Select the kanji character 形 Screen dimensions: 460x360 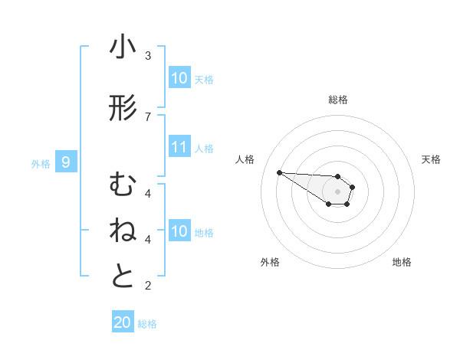point(123,110)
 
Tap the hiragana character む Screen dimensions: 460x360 point(123,185)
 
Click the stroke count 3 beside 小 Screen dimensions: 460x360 point(148,56)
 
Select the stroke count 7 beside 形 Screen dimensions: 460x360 point(148,116)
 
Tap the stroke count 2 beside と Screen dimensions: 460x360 point(148,286)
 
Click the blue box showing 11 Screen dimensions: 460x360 point(179,148)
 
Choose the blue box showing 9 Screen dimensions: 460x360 point(66,162)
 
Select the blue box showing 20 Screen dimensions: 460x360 point(123,322)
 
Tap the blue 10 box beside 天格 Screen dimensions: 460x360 point(179,78)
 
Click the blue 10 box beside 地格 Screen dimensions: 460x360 point(179,231)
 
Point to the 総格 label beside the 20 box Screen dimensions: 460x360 point(147,324)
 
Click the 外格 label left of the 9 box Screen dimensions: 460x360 point(41,163)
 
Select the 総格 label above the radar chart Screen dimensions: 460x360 point(338,100)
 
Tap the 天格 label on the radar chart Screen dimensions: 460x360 point(431,159)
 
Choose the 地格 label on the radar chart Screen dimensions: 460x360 point(402,262)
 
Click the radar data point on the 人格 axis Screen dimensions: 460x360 point(279,172)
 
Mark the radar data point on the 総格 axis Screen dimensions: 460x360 point(338,177)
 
